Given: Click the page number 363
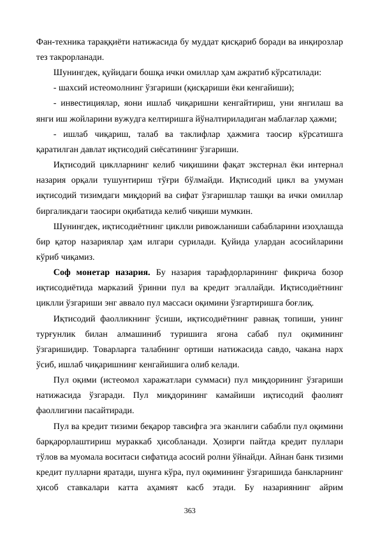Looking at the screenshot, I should coord(190,510).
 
